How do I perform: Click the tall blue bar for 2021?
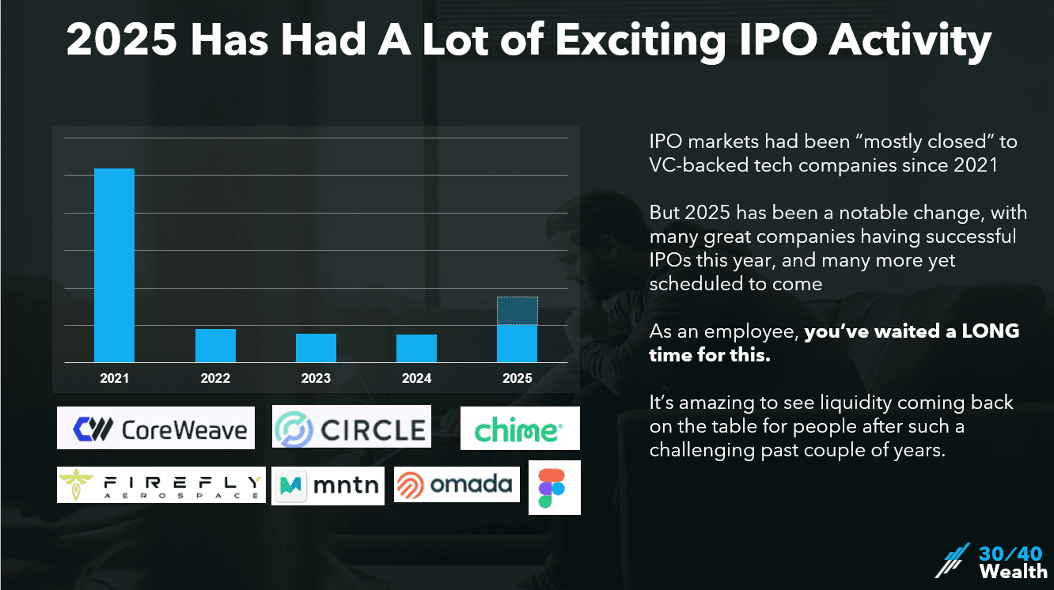(114, 265)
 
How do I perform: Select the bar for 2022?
(215, 346)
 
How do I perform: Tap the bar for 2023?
(316, 348)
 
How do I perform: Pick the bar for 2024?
(416, 348)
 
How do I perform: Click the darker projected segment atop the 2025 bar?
(517, 311)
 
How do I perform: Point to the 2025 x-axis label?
(517, 379)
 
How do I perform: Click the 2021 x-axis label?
(114, 379)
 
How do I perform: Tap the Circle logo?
(351, 428)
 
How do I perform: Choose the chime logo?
(520, 429)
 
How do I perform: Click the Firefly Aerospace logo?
(161, 483)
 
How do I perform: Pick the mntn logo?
(328, 486)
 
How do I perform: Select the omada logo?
(457, 484)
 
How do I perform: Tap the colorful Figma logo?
(554, 487)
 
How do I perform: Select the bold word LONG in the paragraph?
(990, 332)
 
